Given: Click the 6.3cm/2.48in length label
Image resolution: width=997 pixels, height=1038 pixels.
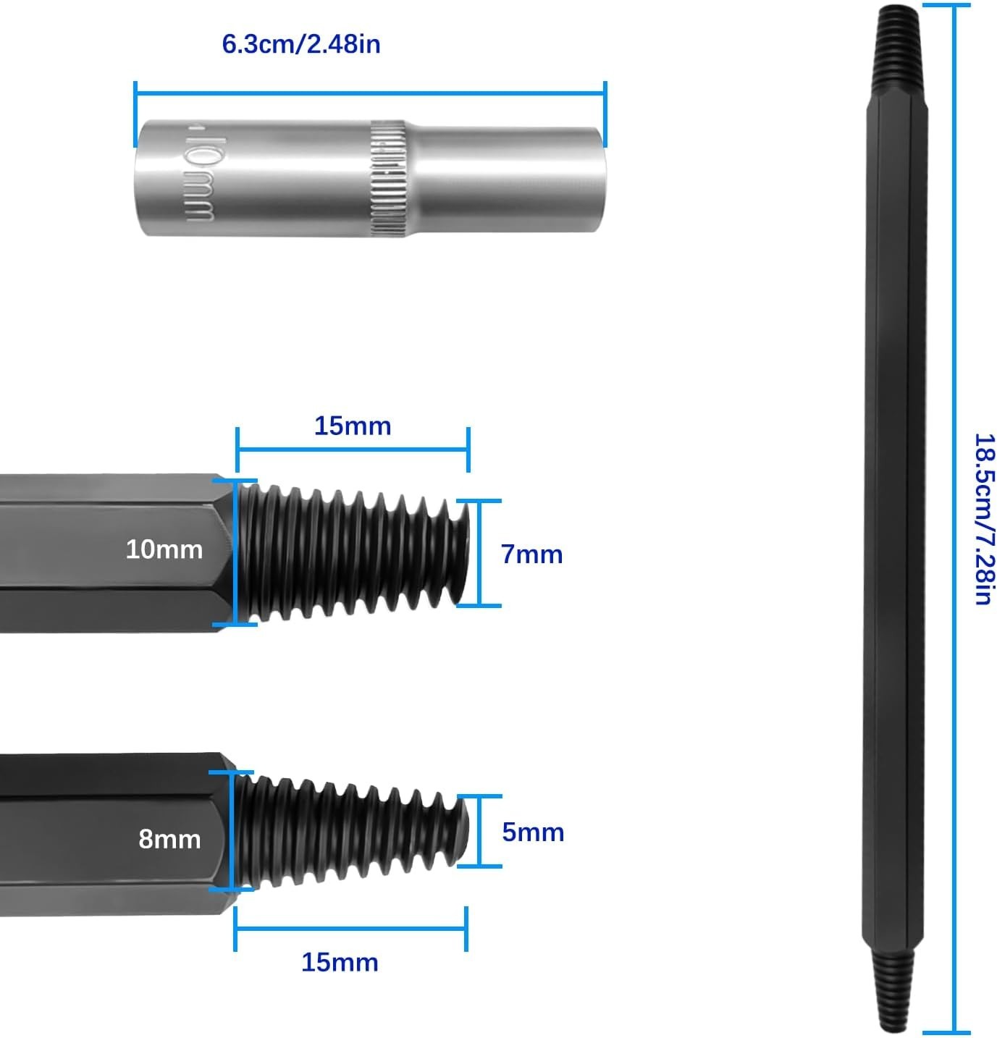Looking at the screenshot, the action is pos(301,43).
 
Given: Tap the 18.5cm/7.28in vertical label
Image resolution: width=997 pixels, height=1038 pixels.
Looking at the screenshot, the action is pos(985,518).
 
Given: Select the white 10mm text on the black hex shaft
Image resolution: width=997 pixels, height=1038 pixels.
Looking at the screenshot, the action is pos(164,549).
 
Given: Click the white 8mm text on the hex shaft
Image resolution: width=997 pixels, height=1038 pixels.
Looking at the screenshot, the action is pos(169,839).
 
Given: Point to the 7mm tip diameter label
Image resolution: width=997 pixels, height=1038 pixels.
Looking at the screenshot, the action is pos(532,554).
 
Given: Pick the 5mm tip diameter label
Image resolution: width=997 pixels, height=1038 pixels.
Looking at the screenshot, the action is pos(533,832).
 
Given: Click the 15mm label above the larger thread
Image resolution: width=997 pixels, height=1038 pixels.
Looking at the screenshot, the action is pos(353,426).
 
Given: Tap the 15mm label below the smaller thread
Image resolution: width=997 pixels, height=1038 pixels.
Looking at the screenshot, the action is pos(340,963).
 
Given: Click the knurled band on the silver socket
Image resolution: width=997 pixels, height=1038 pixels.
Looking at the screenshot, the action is pos(388,178).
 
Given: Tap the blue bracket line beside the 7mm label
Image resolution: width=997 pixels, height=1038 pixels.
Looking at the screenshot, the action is pos(479,554).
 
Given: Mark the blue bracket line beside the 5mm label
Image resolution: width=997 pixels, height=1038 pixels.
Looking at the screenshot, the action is pos(479,831).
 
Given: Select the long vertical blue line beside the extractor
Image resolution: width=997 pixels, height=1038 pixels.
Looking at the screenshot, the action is pos(954,518).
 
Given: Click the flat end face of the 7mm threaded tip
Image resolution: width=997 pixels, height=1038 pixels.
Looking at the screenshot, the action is pos(463,552).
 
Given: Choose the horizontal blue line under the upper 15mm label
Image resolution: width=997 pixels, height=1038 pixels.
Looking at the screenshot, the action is pos(353,449).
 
